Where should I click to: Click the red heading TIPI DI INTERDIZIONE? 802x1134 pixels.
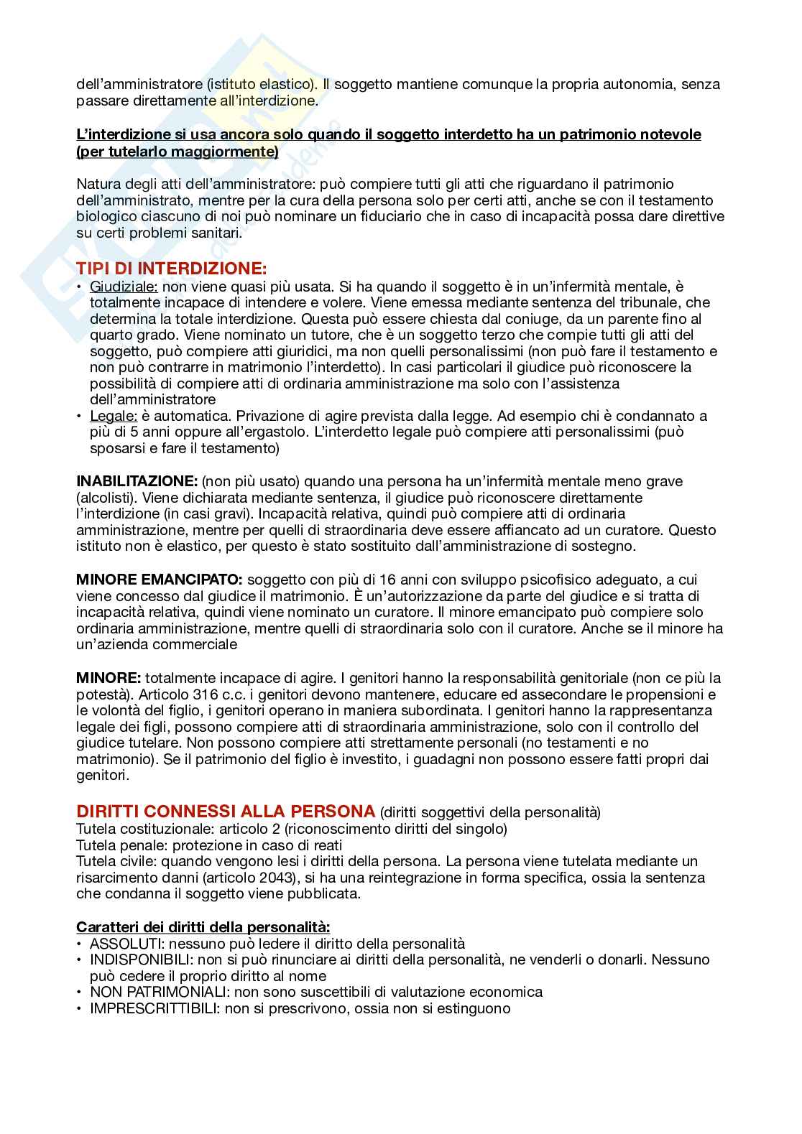point(171,269)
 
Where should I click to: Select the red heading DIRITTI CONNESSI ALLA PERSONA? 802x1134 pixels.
point(226,812)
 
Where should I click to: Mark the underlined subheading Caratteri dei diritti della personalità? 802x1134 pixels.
point(203,926)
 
